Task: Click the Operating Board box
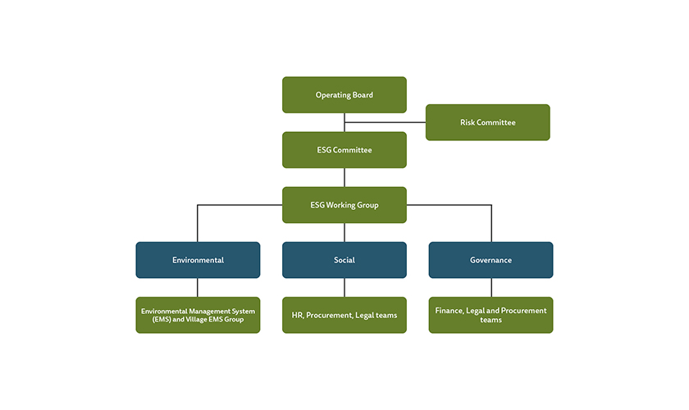344,95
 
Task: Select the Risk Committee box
487,122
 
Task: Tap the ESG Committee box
344,150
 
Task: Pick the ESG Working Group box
344,205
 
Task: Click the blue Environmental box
198,260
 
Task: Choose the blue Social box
344,260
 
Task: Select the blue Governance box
491,260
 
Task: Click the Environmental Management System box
198,315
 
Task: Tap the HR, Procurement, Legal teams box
344,315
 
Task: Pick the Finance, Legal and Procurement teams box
491,315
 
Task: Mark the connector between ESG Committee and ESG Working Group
344,177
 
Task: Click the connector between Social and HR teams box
344,287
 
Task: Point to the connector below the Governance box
491,287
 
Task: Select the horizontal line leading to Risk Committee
386,122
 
